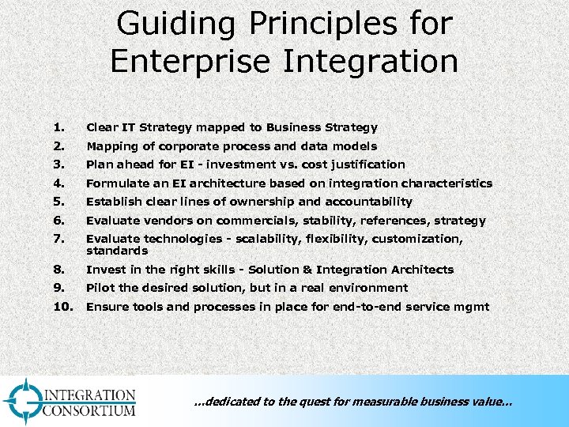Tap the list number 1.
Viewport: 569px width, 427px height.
click(58, 127)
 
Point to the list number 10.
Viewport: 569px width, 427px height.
click(63, 307)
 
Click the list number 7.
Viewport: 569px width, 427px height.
click(58, 239)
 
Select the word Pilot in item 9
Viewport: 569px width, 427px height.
click(100, 288)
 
